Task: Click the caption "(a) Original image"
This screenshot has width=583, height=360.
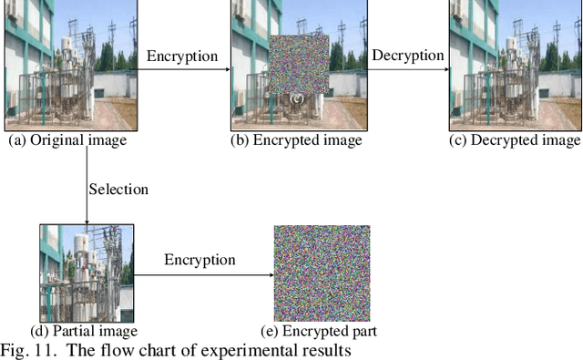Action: coord(66,141)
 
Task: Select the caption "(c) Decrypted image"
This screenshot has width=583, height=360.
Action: coord(516,141)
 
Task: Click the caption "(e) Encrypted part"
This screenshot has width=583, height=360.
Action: coord(322,331)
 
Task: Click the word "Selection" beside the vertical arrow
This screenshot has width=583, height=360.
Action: coord(118,190)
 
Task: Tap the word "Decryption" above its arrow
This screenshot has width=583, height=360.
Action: coord(407,56)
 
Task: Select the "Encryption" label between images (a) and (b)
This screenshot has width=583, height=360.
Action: coord(182,56)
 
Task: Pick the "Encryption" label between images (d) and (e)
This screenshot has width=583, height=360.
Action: coord(199,260)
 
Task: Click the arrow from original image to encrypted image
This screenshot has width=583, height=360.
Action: coord(182,68)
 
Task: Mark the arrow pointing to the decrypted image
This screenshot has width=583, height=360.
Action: coord(408,68)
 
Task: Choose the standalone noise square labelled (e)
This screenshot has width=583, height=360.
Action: coord(322,273)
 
